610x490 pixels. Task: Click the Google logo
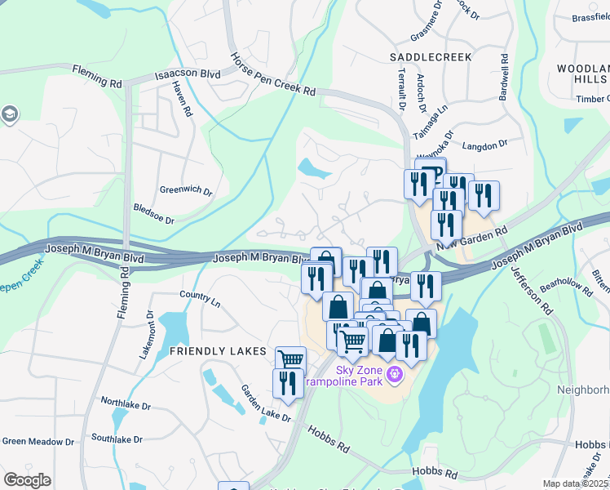(27, 480)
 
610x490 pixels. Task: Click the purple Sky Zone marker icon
(395, 375)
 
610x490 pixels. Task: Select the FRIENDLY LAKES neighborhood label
(218, 351)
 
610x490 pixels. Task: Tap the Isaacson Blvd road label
(188, 75)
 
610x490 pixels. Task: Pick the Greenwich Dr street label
(186, 191)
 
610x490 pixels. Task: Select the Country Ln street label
(200, 299)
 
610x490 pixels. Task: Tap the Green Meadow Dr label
(38, 442)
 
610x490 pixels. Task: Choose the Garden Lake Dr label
(265, 403)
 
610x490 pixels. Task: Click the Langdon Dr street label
(484, 145)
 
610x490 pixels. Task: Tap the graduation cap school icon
(9, 113)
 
